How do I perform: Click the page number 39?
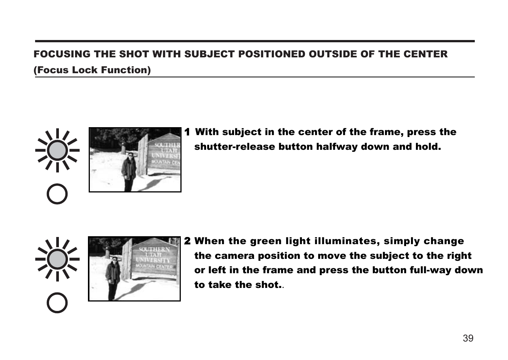coord(468,338)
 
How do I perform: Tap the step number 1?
coord(187,132)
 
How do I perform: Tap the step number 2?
coord(187,241)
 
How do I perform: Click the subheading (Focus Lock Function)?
coord(92,70)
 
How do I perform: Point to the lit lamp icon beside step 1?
coord(57,150)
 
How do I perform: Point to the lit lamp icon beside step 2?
coord(57,259)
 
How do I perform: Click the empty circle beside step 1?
coord(57,194)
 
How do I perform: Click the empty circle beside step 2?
coord(57,303)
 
